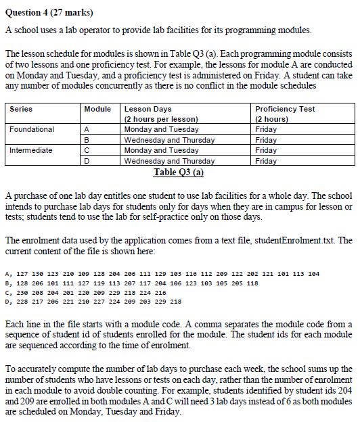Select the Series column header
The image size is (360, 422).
click(22, 109)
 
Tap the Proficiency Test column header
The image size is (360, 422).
click(285, 109)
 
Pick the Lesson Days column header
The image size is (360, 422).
click(148, 109)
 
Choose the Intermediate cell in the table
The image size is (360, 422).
click(31, 149)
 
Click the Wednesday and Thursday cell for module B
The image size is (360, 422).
click(168, 139)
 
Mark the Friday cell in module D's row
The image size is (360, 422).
click(266, 161)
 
